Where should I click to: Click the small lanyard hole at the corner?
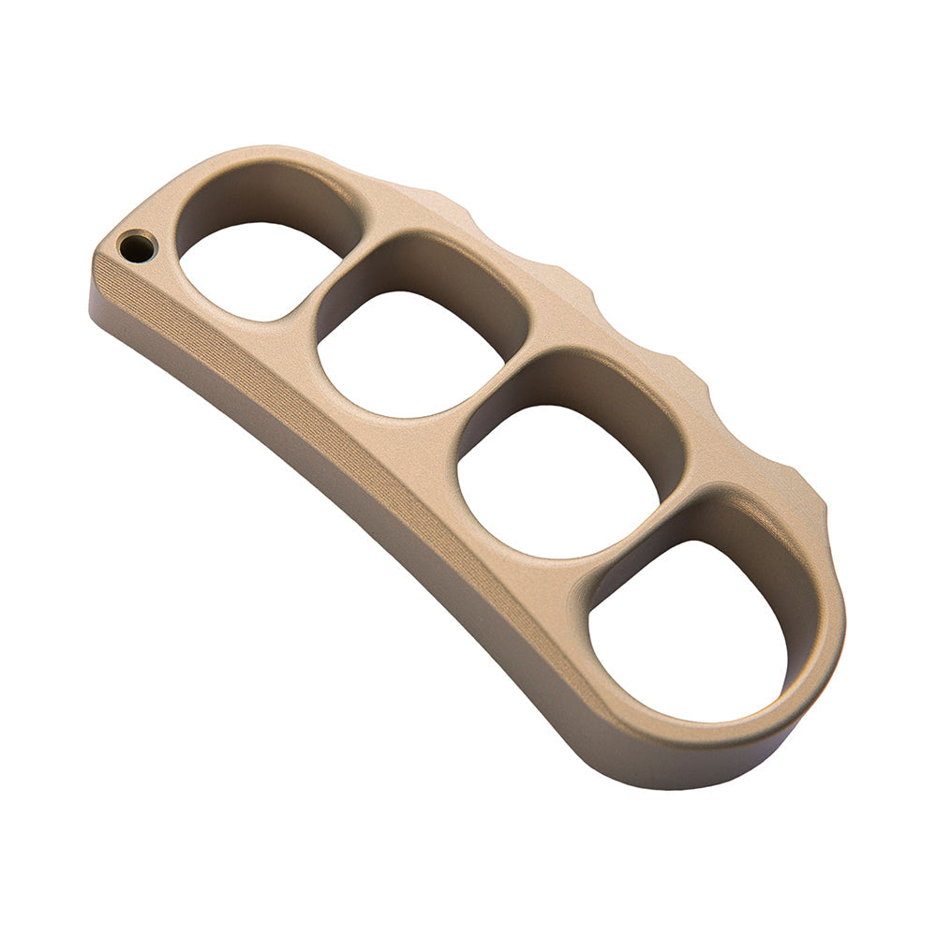(136, 247)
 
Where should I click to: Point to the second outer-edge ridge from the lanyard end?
(572, 275)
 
